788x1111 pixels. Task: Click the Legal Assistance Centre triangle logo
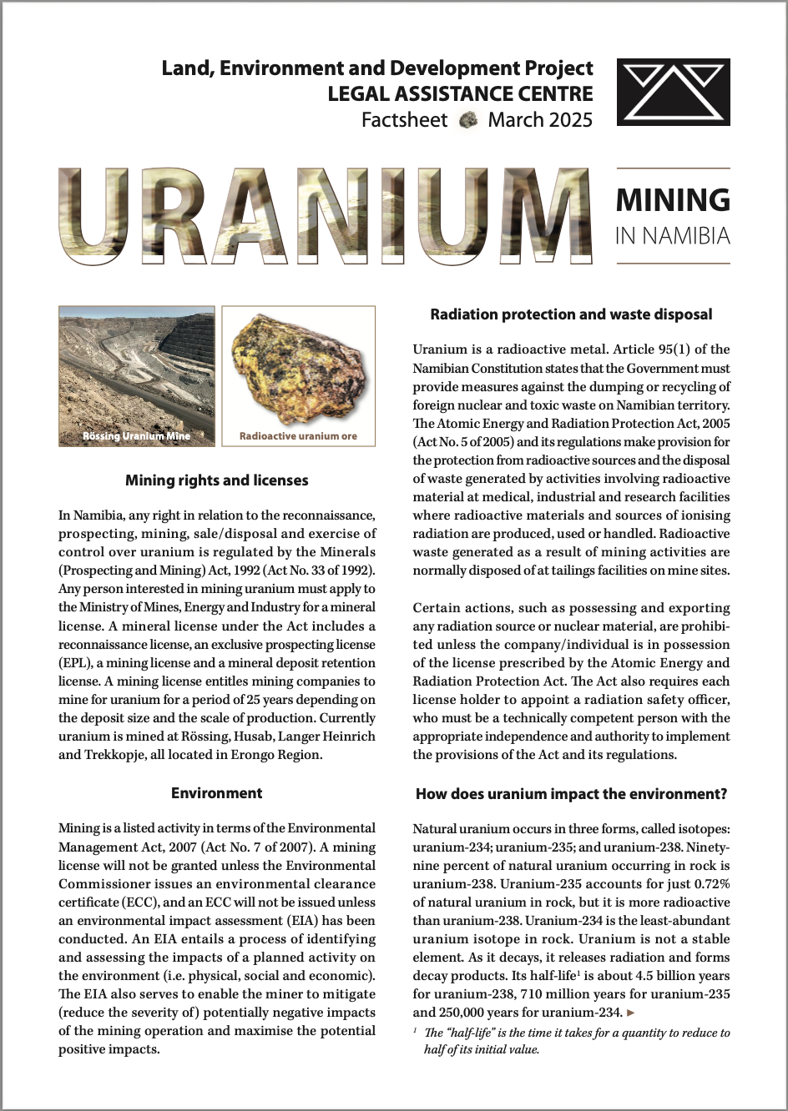pos(673,93)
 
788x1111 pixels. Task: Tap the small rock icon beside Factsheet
pos(469,120)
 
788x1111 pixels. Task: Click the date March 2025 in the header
pos(540,120)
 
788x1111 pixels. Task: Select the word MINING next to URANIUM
pos(672,200)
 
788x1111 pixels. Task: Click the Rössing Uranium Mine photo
pos(136,375)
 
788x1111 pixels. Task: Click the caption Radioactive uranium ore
pos(298,436)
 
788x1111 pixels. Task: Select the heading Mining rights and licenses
pos(217,480)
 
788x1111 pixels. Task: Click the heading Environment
pos(217,793)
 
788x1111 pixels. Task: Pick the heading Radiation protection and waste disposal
pos(571,314)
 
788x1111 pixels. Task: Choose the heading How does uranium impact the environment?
pos(571,794)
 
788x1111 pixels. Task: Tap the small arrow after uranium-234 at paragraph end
pos(631,1013)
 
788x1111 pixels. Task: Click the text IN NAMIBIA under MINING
pos(672,236)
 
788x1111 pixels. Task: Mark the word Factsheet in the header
pos(404,120)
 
